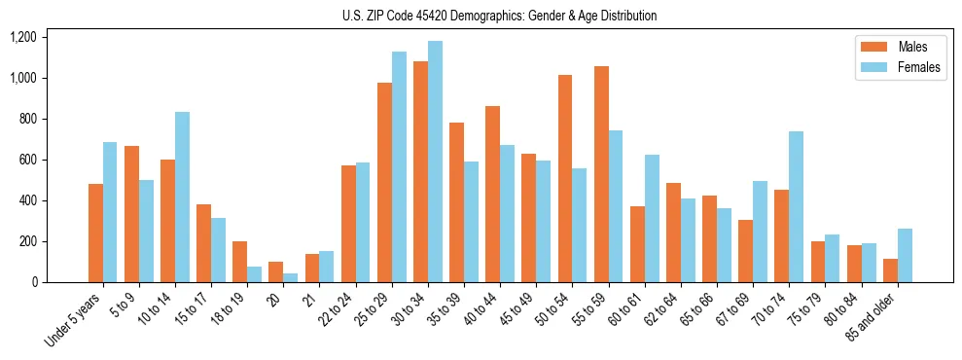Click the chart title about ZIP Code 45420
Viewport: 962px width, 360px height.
click(499, 16)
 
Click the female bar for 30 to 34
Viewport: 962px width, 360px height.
click(435, 162)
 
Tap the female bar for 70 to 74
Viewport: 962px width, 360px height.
click(795, 206)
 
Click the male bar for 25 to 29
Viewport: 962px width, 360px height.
click(384, 182)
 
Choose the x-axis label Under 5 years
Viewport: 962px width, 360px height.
click(74, 321)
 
